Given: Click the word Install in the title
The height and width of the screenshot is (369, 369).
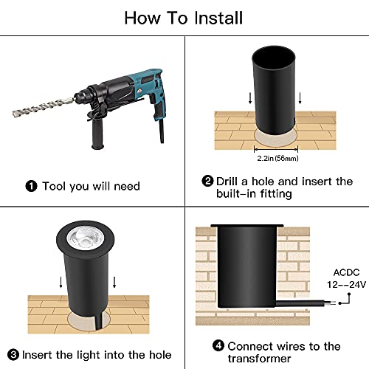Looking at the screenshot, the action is (218, 18).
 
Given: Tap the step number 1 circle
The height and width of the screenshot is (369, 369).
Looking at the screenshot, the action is (31, 186).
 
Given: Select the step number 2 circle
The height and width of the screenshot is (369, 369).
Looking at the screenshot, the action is (207, 182).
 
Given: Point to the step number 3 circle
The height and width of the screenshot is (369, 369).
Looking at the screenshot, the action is (13, 355).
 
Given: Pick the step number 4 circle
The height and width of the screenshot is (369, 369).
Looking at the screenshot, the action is (218, 345).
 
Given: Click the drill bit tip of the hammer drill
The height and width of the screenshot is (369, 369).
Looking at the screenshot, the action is (14, 114).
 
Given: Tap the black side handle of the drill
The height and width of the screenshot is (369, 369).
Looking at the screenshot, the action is (97, 134).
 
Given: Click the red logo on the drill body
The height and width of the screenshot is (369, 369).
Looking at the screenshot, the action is (139, 92).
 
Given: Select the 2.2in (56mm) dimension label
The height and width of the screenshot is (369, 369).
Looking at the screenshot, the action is (277, 158).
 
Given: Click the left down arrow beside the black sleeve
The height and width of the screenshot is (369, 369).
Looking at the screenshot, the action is (250, 98).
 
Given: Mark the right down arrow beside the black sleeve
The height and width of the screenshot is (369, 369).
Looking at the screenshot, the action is (300, 98).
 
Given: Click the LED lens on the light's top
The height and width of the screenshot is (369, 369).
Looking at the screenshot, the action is (84, 238).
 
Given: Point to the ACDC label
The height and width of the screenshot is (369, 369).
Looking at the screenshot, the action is (346, 272).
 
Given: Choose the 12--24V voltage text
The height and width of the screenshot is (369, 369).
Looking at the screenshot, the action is (346, 285).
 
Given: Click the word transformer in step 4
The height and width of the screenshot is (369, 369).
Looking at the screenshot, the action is (259, 359).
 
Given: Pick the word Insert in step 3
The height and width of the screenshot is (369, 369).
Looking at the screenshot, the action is (37, 355).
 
